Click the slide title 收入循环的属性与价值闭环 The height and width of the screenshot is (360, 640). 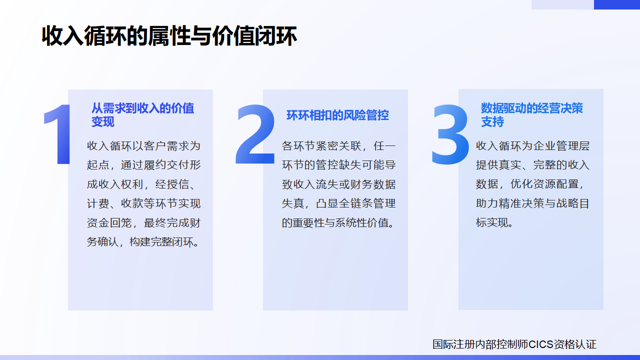pyautogui.click(x=169, y=37)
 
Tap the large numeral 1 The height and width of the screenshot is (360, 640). pyautogui.click(x=59, y=134)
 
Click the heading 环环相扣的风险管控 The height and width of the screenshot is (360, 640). pyautogui.click(x=337, y=115)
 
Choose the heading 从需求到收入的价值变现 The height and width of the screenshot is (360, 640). pyautogui.click(x=142, y=115)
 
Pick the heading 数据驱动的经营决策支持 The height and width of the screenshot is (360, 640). pyautogui.click(x=531, y=115)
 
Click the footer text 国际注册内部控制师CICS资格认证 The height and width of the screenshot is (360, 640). pyautogui.click(x=514, y=344)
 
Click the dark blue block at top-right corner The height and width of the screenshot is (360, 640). pyautogui.click(x=616, y=4)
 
